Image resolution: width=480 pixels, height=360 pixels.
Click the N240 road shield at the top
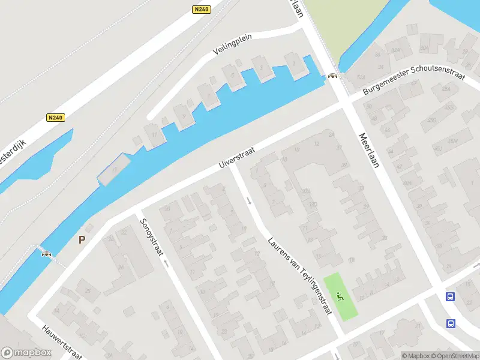click(202, 10)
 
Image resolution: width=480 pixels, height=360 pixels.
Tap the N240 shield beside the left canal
click(55, 118)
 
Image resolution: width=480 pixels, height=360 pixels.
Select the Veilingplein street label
click(233, 44)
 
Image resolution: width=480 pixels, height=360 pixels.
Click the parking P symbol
click(82, 239)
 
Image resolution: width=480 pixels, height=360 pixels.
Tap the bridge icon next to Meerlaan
click(332, 76)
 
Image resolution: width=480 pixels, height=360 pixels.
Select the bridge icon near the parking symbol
click(46, 254)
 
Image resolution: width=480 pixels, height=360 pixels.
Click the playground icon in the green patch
click(340, 295)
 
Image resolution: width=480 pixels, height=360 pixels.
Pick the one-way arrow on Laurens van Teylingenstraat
click(249, 200)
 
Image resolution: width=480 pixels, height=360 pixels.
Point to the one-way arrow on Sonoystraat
click(166, 262)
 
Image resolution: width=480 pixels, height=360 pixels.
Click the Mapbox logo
click(26, 353)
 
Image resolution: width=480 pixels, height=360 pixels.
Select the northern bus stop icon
click(450, 296)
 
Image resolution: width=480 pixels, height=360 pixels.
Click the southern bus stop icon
click(450, 324)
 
